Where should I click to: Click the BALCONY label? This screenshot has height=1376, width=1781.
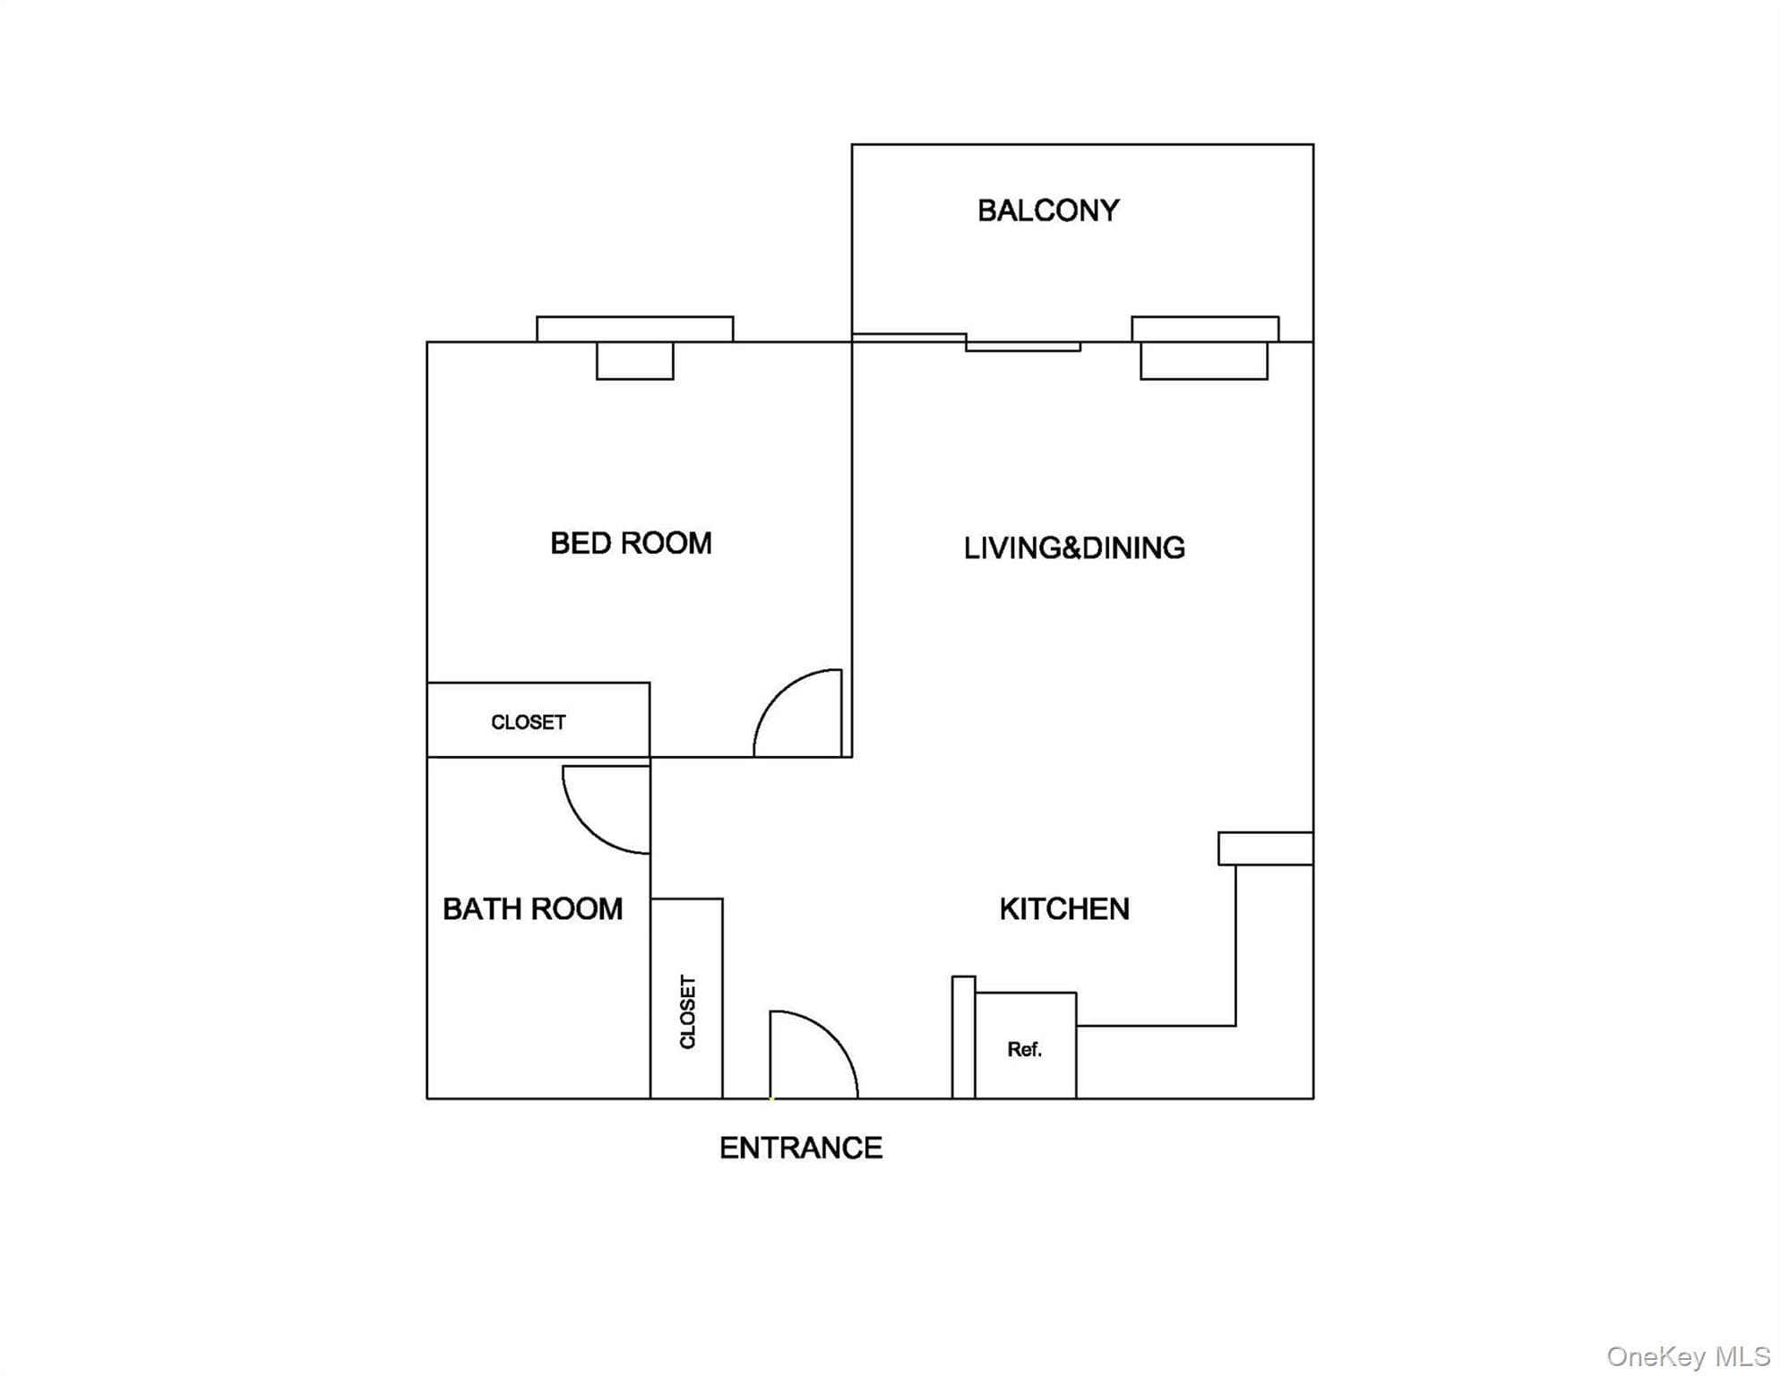pyautogui.click(x=1048, y=211)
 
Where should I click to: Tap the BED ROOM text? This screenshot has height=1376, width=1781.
pyautogui.click(x=631, y=543)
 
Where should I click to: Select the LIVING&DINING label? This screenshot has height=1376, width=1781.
pyautogui.click(x=1074, y=547)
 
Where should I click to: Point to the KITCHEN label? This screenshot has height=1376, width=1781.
pyautogui.click(x=1064, y=909)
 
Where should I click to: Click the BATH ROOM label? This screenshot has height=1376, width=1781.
pyautogui.click(x=532, y=909)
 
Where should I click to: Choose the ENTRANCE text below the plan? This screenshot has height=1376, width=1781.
pyautogui.click(x=801, y=1148)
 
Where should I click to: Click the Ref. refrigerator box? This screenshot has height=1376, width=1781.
pyautogui.click(x=1026, y=1045)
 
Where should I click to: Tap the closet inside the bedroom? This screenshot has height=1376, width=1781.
pyautogui.click(x=538, y=720)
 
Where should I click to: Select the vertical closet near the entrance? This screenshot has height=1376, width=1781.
pyautogui.click(x=686, y=999)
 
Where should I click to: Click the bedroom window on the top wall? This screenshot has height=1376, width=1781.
pyautogui.click(x=635, y=329)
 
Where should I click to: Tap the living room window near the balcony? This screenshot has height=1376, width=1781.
pyautogui.click(x=1205, y=329)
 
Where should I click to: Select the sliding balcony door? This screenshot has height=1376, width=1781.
pyautogui.click(x=967, y=342)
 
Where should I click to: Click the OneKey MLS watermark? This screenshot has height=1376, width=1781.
pyautogui.click(x=1688, y=1356)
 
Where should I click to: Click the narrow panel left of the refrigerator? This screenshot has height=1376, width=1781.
pyautogui.click(x=963, y=1037)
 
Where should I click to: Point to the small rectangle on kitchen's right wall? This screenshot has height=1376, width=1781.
pyautogui.click(x=1266, y=848)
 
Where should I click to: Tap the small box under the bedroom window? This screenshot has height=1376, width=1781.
pyautogui.click(x=635, y=361)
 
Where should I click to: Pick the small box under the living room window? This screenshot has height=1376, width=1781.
pyautogui.click(x=1204, y=361)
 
